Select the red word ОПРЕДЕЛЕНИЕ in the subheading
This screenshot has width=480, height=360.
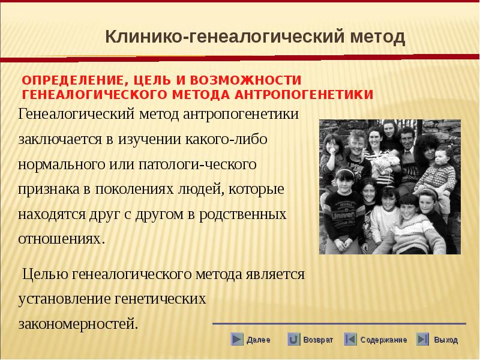(x=73, y=80)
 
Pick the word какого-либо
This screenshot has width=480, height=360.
(x=226, y=139)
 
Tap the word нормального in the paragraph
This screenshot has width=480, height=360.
(x=62, y=164)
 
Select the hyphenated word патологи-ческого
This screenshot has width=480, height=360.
(x=197, y=164)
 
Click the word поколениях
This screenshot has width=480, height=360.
(x=134, y=190)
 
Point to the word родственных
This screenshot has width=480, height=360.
(x=243, y=215)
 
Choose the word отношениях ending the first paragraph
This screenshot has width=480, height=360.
(x=62, y=239)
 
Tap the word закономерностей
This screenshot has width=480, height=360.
(x=78, y=324)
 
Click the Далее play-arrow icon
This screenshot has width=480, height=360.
(x=237, y=339)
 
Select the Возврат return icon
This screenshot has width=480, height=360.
(x=293, y=339)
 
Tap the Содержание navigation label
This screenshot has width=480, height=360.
(x=383, y=340)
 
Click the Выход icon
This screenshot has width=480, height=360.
(x=422, y=339)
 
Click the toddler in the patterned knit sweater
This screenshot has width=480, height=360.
(x=438, y=172)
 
